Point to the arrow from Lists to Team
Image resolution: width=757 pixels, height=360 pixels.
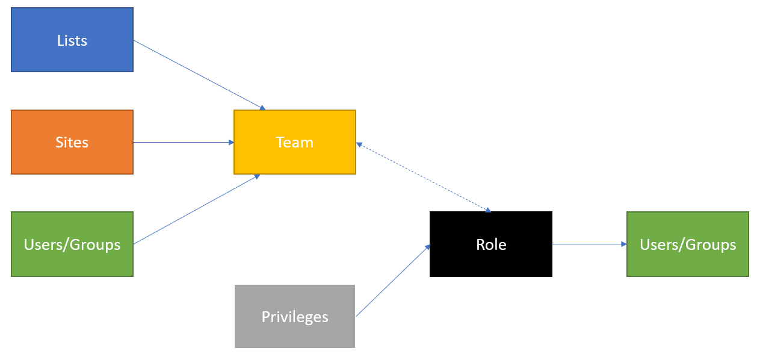(199, 75)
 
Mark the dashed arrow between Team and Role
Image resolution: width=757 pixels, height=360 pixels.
(423, 178)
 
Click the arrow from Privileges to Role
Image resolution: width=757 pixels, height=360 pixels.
(394, 281)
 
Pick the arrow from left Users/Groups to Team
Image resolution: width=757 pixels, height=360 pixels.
(196, 209)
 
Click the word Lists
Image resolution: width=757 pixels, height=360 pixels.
(72, 40)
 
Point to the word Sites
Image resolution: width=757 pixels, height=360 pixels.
(72, 143)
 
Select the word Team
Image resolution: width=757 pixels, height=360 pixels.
(295, 143)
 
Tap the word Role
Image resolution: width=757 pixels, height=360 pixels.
(491, 244)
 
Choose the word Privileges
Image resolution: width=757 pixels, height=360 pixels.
(295, 317)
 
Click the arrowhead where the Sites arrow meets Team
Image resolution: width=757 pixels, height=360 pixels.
(231, 143)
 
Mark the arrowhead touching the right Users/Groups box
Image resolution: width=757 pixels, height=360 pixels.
(624, 244)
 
